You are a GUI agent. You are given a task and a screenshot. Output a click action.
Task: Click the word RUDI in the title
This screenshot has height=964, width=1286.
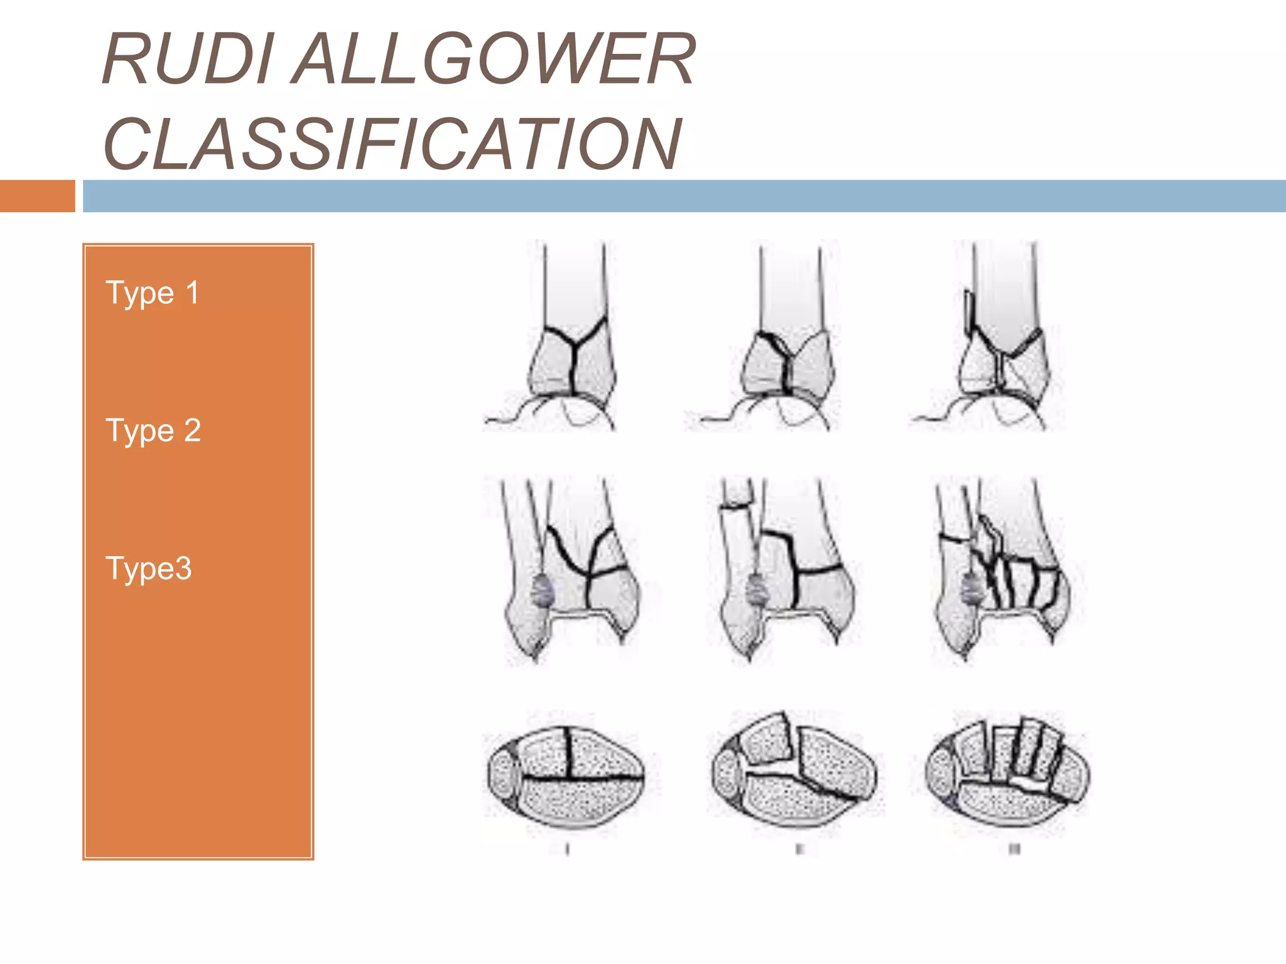(187, 59)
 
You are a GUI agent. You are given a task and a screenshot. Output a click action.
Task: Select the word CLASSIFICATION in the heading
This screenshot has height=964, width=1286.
(392, 144)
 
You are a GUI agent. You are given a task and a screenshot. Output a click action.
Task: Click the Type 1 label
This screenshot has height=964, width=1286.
(153, 293)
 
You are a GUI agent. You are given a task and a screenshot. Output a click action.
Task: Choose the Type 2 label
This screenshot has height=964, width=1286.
(153, 431)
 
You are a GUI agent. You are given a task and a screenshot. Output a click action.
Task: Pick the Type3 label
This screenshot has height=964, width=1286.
(149, 569)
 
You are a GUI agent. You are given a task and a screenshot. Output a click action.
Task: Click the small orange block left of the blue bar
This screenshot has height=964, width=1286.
(37, 196)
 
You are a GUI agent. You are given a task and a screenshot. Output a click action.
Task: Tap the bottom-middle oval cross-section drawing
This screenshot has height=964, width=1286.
(794, 772)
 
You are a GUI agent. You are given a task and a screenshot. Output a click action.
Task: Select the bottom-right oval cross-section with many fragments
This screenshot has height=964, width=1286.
(1008, 772)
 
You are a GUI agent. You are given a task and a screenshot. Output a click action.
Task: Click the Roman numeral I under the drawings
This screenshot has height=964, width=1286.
(567, 849)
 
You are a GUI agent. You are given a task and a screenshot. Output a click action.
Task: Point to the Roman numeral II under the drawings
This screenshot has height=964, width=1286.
(799, 849)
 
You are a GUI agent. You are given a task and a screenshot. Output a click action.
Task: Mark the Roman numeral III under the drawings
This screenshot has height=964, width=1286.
(1014, 849)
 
